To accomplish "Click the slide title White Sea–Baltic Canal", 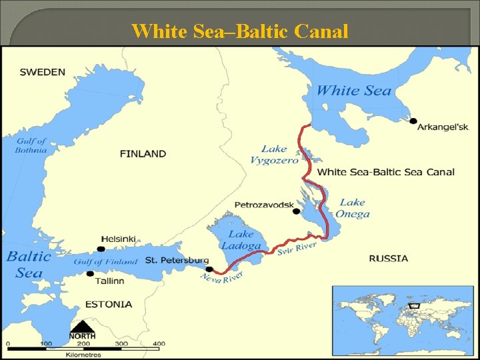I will [x=240, y=31].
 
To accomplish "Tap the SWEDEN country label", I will [x=43, y=72].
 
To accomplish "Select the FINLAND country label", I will [x=143, y=154].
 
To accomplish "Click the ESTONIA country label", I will [x=109, y=304].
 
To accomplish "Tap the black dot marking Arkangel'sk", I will [x=413, y=121].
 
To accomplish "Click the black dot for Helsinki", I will [x=101, y=249].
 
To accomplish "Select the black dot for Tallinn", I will [x=90, y=273].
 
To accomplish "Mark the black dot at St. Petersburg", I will [x=209, y=269].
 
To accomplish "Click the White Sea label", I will [x=353, y=91].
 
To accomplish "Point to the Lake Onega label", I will [x=353, y=208].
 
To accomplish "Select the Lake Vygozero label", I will [x=274, y=154].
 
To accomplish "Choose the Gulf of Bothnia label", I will [x=31, y=145].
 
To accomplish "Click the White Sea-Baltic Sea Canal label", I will [x=385, y=172].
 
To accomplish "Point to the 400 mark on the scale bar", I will [x=159, y=343].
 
